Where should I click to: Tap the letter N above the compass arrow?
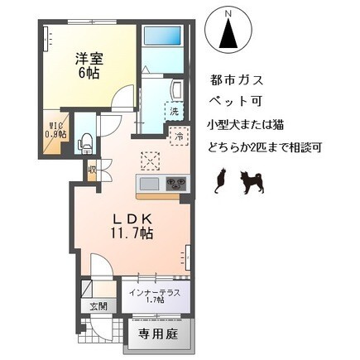click(228, 12)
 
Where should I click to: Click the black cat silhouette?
click(220, 180)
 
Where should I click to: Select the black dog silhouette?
click(252, 182)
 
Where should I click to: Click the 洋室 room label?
click(89, 59)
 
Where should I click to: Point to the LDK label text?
click(132, 220)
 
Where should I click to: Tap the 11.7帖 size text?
click(132, 234)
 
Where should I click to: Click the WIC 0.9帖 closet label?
click(55, 131)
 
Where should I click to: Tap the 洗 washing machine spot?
click(174, 111)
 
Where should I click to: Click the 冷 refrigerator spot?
click(180, 137)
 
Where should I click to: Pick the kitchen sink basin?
click(149, 184)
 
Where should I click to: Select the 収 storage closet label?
click(91, 170)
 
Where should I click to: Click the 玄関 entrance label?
click(98, 306)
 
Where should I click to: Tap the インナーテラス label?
click(155, 292)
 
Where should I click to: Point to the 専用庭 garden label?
click(158, 334)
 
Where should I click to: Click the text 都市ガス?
click(236, 80)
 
